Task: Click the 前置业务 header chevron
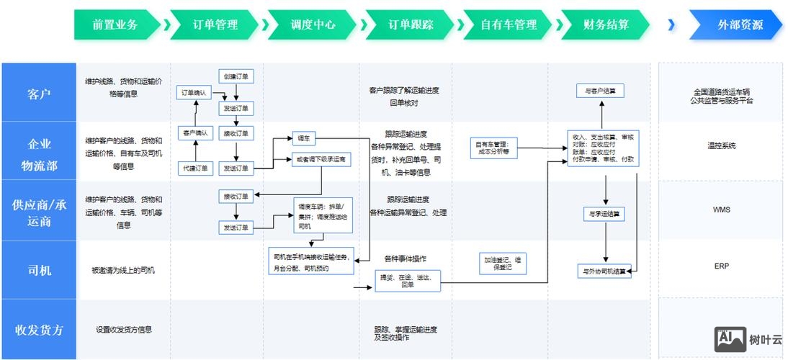coord(115,24)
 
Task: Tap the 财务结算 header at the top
coord(606,24)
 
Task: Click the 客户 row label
coord(39,93)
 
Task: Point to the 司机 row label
coord(39,270)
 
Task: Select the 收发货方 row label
coord(39,330)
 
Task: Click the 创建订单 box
coord(236,76)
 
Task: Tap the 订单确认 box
coord(194,93)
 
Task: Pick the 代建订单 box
coord(194,168)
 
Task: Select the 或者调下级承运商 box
coord(321,160)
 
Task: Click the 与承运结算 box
coord(604,213)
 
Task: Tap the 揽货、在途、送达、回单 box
coord(407,280)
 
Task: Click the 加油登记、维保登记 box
coord(503,262)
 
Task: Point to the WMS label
coord(721,210)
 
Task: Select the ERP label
coord(721,266)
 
